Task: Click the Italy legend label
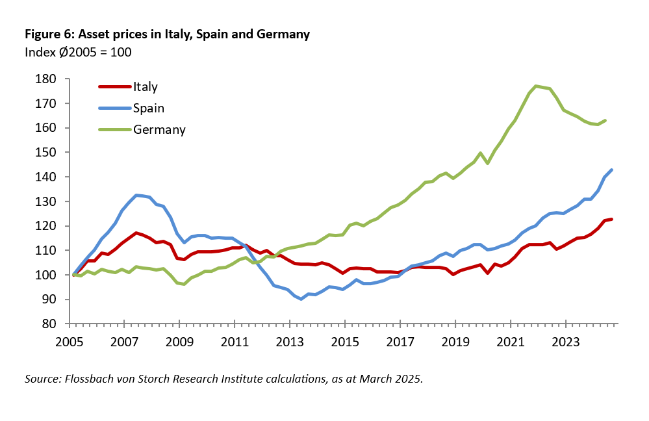(x=146, y=86)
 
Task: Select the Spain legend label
(x=149, y=108)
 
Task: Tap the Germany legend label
(x=160, y=129)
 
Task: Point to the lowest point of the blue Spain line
(x=301, y=299)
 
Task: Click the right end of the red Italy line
(x=612, y=219)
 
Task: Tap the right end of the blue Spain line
(x=612, y=170)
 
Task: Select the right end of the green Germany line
(x=605, y=120)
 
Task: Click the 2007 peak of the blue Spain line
(x=136, y=195)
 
